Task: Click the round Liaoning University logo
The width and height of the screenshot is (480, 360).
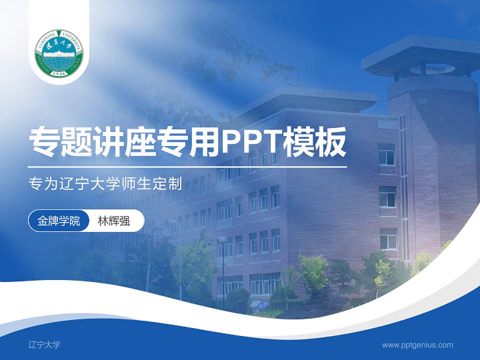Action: click(x=59, y=53)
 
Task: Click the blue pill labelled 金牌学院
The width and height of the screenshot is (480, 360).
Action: click(x=58, y=221)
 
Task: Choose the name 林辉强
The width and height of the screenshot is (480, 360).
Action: click(x=113, y=221)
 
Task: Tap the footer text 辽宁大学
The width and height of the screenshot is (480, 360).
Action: click(x=44, y=344)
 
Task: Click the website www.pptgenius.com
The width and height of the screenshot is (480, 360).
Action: click(x=417, y=344)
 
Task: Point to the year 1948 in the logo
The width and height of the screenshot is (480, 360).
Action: click(x=59, y=73)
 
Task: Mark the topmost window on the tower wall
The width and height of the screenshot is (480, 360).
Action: click(x=386, y=154)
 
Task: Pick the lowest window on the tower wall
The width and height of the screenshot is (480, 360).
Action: click(x=388, y=238)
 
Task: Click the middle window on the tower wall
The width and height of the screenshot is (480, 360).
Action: click(x=387, y=196)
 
